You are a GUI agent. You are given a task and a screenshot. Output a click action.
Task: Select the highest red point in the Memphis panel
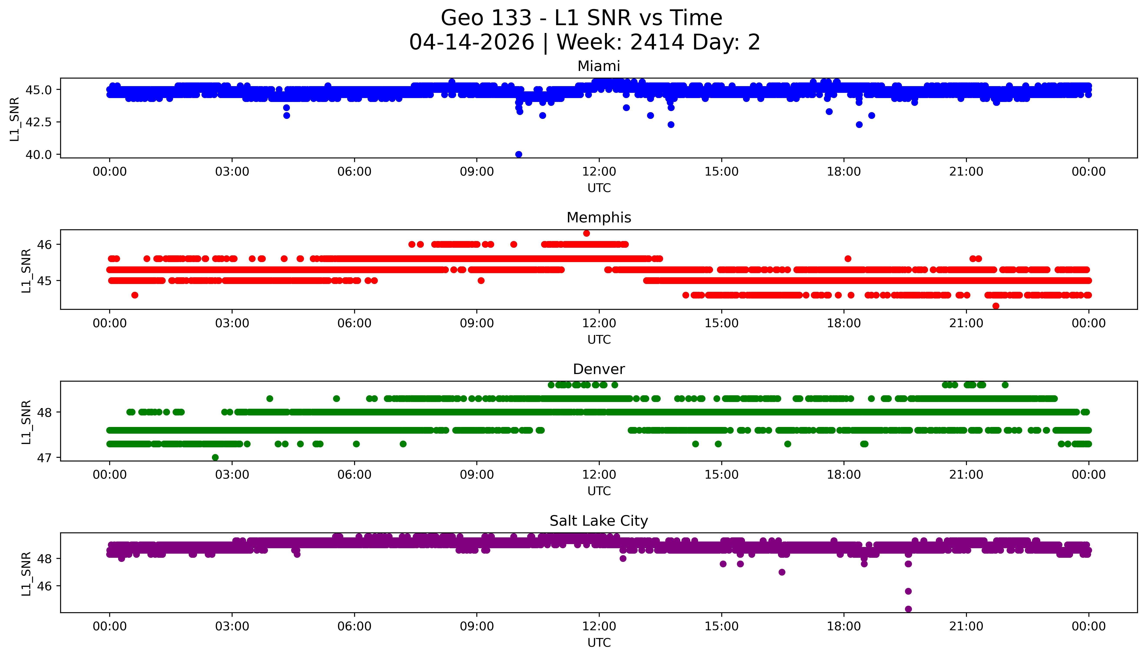click(586, 233)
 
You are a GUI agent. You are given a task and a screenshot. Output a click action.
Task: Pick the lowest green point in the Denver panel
click(215, 457)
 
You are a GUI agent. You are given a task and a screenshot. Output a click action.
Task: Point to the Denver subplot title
click(599, 369)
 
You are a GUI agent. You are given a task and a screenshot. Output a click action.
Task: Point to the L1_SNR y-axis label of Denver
click(26, 422)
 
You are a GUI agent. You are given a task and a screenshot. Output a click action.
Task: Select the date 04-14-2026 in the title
click(472, 43)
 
